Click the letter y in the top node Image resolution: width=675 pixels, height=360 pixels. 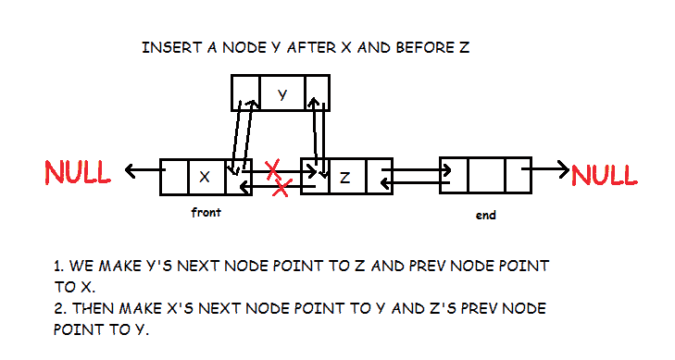[282, 93]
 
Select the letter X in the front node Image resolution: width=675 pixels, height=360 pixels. [205, 176]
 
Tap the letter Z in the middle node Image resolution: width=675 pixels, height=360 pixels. [344, 176]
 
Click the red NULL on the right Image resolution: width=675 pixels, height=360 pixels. [605, 174]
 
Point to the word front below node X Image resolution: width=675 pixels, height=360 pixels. [205, 212]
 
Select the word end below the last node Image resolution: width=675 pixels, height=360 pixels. [484, 215]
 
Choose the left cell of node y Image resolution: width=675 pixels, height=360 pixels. [244, 93]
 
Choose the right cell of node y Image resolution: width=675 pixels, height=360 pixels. [317, 93]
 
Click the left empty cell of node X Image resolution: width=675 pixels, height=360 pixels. [174, 176]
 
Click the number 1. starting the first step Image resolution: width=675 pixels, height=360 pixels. [59, 266]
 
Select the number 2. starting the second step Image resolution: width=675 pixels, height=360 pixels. [59, 307]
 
